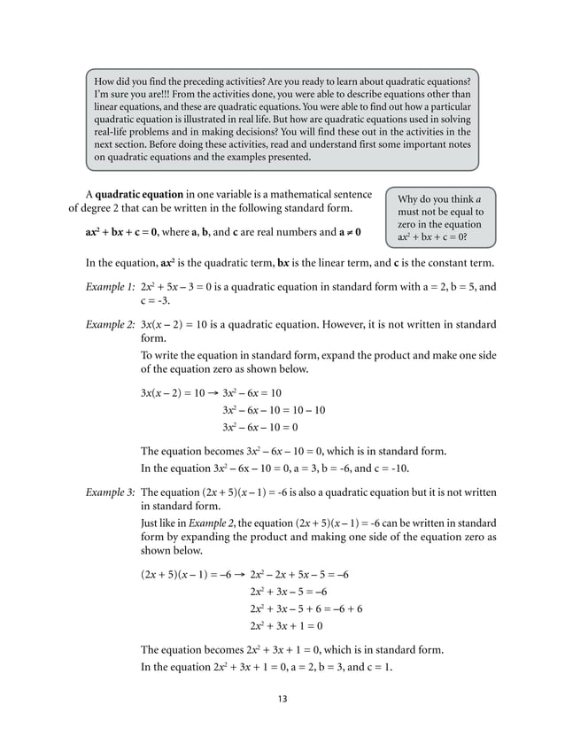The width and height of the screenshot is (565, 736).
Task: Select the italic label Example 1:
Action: click(x=110, y=287)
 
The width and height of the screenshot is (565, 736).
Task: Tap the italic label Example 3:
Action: click(x=110, y=491)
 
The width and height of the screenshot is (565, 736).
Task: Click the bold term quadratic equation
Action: click(x=139, y=193)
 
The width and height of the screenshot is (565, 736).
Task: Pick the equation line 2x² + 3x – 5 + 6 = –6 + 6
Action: click(x=306, y=608)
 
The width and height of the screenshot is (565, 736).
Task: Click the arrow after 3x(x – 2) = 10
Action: click(x=213, y=391)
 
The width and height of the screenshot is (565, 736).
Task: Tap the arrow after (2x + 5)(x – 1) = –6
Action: click(x=241, y=574)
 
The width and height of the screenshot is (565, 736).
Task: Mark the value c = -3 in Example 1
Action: click(x=158, y=302)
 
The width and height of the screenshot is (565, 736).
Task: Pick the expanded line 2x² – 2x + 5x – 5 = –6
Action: click(x=299, y=574)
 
